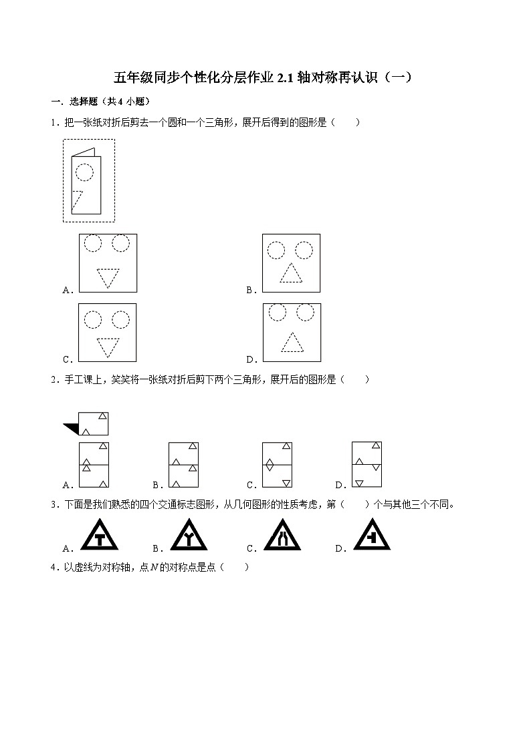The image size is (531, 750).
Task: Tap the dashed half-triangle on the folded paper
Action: pyautogui.click(x=77, y=200)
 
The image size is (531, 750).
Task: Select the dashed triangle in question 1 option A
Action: pyautogui.click(x=107, y=276)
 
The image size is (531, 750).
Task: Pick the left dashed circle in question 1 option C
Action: pyautogui.click(x=93, y=320)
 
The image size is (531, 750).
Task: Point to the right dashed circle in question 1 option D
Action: pyautogui.click(x=305, y=312)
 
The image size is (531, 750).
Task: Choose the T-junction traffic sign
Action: pyautogui.click(x=98, y=536)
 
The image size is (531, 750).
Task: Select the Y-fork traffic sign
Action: pyautogui.click(x=187, y=536)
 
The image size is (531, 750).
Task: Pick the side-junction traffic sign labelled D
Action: pyautogui.click(x=370, y=536)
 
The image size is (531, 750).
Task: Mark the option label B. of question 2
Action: pyautogui.click(x=158, y=486)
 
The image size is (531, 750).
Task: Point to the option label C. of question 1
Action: pyautogui.click(x=67, y=359)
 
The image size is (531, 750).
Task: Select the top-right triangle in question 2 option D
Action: pyautogui.click(x=377, y=445)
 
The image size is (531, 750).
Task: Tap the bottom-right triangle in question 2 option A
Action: pyautogui.click(x=104, y=483)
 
